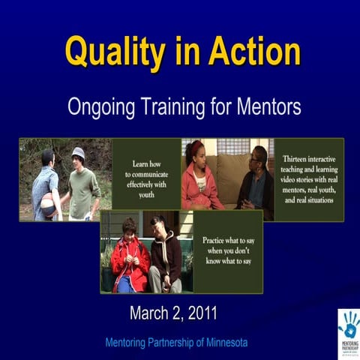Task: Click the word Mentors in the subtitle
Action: pyautogui.click(x=263, y=107)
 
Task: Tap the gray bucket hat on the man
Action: pyautogui.click(x=78, y=152)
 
